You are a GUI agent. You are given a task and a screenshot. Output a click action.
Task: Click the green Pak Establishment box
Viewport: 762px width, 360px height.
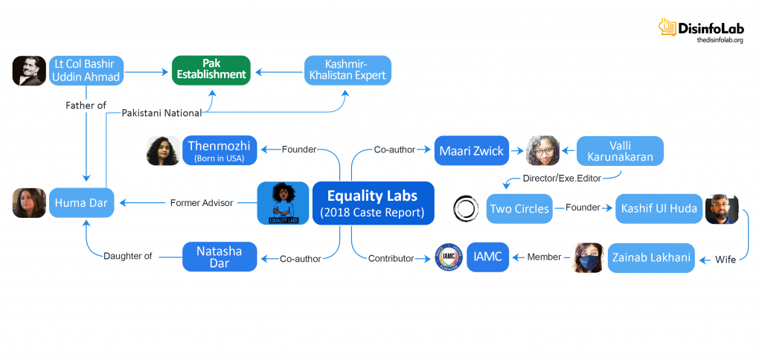[x=211, y=70]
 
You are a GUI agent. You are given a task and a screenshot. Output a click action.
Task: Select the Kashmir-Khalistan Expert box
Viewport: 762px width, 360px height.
[x=348, y=70]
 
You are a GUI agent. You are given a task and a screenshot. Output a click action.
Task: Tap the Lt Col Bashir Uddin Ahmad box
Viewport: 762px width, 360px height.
[x=86, y=71]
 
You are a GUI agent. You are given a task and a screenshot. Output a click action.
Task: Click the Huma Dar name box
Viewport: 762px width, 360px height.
[x=82, y=202]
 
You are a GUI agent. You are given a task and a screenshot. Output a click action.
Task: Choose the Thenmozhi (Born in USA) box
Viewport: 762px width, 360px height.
[x=220, y=150]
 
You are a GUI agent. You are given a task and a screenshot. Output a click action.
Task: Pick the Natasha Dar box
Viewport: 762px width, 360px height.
[x=220, y=257]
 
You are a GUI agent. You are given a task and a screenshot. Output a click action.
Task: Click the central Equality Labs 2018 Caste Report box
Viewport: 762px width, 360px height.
[x=373, y=203]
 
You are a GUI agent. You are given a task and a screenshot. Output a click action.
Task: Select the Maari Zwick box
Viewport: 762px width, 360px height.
[x=471, y=150]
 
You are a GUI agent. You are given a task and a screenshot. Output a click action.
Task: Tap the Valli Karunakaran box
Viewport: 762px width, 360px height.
[x=620, y=150]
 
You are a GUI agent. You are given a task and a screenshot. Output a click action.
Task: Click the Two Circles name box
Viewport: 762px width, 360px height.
[x=519, y=209]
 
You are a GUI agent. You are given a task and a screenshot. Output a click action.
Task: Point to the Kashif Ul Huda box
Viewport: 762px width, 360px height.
[x=659, y=209]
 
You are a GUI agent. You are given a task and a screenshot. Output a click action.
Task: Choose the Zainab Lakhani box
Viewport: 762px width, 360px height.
[x=651, y=257]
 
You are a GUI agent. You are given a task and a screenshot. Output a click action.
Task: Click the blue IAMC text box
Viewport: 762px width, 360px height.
[x=488, y=257]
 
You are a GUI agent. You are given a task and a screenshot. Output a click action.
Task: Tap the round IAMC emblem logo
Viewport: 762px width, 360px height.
[x=447, y=258]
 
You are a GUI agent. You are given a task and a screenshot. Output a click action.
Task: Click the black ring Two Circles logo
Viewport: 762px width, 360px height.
[x=467, y=209]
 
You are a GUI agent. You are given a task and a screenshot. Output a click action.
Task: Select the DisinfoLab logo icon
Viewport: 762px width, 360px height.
[x=667, y=28]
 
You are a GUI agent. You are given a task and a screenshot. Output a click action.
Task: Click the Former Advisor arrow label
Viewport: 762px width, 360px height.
[x=202, y=202]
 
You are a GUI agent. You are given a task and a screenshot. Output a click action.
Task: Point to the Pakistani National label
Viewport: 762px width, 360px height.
[x=161, y=113]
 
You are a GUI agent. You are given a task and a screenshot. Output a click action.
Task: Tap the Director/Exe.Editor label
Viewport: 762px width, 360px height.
[x=562, y=179]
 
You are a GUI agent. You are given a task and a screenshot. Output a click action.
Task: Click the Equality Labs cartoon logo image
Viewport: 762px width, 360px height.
[x=283, y=203]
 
